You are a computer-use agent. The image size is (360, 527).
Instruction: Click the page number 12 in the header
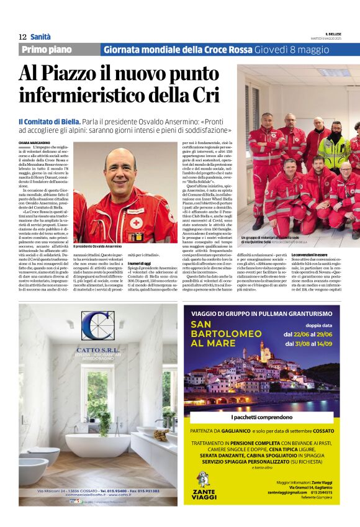(x=22, y=37)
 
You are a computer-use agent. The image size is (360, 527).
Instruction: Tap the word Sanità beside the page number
(x=41, y=37)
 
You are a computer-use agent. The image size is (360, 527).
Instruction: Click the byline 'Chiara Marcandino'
(x=34, y=142)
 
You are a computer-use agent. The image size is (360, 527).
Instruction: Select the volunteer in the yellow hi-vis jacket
(x=335, y=149)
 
